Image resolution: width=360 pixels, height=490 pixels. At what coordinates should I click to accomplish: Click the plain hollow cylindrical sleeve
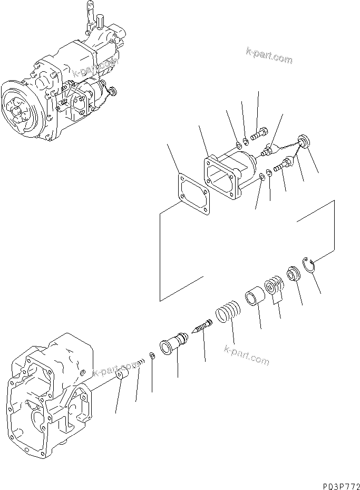[253, 295]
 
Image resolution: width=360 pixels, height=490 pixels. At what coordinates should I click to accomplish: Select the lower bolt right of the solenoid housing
[281, 164]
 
